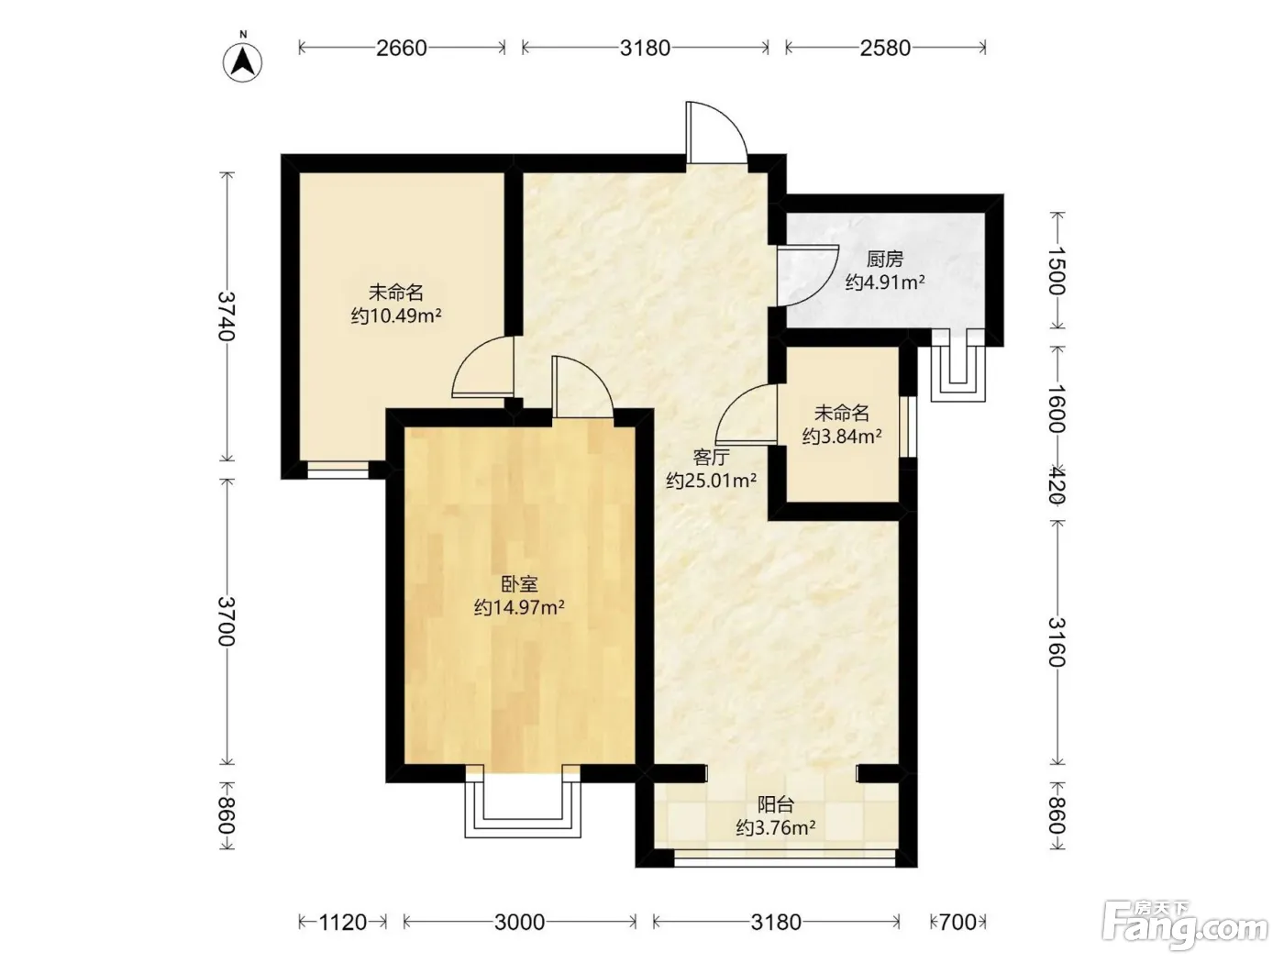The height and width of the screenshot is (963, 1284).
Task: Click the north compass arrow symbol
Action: pyautogui.click(x=242, y=62)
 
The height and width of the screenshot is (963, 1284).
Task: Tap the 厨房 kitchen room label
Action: pyautogui.click(x=884, y=259)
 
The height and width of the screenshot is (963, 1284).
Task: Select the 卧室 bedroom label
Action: pyautogui.click(x=519, y=583)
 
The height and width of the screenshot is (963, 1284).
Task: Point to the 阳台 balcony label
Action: pyautogui.click(x=776, y=804)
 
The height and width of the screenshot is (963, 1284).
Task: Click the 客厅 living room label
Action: pyautogui.click(x=711, y=457)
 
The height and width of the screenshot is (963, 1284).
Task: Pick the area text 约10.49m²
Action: pyautogui.click(x=396, y=315)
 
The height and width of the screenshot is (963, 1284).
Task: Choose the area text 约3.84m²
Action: pyautogui.click(x=842, y=437)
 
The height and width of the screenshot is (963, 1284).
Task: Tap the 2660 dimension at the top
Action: pyautogui.click(x=402, y=48)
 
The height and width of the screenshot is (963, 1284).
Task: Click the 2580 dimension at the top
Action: pyautogui.click(x=885, y=48)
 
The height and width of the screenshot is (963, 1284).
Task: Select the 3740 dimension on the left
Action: pyautogui.click(x=227, y=315)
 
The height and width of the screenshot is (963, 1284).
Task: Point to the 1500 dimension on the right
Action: pyautogui.click(x=1057, y=271)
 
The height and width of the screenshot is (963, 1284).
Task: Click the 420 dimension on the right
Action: pyautogui.click(x=1057, y=484)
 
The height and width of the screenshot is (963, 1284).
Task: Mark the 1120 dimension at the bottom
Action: pyautogui.click(x=343, y=922)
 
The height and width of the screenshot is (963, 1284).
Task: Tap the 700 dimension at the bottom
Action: pyautogui.click(x=957, y=922)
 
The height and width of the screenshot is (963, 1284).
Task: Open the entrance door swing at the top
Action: pyautogui.click(x=716, y=132)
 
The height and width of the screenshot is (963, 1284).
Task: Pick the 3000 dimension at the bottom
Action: pyautogui.click(x=519, y=922)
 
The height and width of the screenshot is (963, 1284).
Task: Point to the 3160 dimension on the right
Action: pyautogui.click(x=1057, y=642)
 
